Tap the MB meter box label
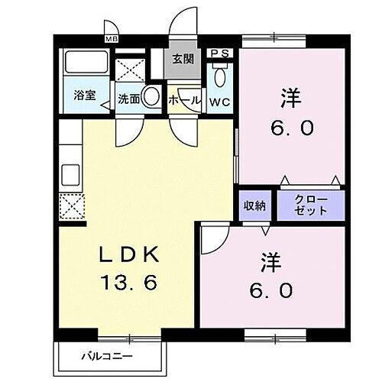click(x=112, y=39)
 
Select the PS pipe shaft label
click(x=221, y=53)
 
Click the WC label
click(x=221, y=100)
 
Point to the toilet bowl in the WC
click(x=220, y=77)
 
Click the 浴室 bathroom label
click(x=84, y=95)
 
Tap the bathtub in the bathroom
click(x=84, y=63)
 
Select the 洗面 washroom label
click(x=128, y=99)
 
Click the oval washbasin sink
click(x=151, y=97)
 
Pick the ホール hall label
click(x=184, y=100)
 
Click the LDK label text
click(x=128, y=254)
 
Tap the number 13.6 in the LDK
click(x=128, y=283)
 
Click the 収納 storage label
click(x=254, y=205)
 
